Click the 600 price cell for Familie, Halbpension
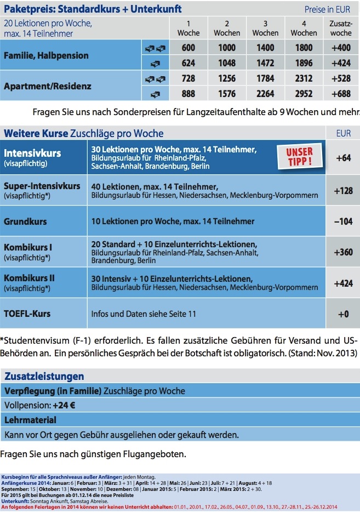tap(188, 48)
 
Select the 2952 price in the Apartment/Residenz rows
tap(303, 93)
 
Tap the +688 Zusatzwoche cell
tap(342, 93)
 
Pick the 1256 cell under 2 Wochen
tap(227, 78)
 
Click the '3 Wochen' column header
tap(265, 29)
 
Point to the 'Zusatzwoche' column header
tap(341, 29)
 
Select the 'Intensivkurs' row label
tap(32, 153)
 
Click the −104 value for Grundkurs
tap(342, 221)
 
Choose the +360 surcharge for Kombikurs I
tap(342, 252)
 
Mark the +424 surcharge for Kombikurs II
tap(342, 283)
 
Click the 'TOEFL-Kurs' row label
tap(27, 314)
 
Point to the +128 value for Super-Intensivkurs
tap(342, 190)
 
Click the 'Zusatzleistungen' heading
tap(44, 376)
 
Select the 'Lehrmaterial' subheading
tap(30, 420)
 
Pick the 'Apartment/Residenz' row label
tap(48, 86)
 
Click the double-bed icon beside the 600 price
tap(155, 48)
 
